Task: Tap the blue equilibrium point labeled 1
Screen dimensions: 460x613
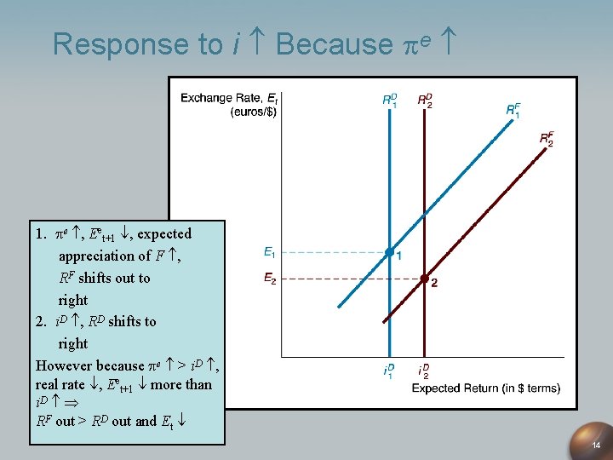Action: click(x=389, y=252)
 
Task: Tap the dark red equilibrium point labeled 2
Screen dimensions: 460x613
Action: click(x=423, y=279)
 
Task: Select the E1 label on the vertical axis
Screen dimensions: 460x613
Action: click(x=269, y=252)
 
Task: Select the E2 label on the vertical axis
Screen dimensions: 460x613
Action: click(x=269, y=279)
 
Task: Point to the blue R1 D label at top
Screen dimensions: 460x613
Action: click(x=389, y=100)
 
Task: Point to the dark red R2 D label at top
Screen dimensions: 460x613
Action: click(x=424, y=100)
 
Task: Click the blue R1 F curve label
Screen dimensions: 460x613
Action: click(x=513, y=110)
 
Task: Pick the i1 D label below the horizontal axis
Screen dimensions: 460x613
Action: click(x=388, y=371)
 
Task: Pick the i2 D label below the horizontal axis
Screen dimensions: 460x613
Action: click(x=423, y=371)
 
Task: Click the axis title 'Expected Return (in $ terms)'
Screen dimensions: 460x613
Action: click(x=485, y=388)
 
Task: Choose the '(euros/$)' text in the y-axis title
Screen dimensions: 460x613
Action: click(x=253, y=112)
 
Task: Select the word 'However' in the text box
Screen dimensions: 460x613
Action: click(x=65, y=365)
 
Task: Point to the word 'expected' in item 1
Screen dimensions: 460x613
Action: click(x=164, y=233)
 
